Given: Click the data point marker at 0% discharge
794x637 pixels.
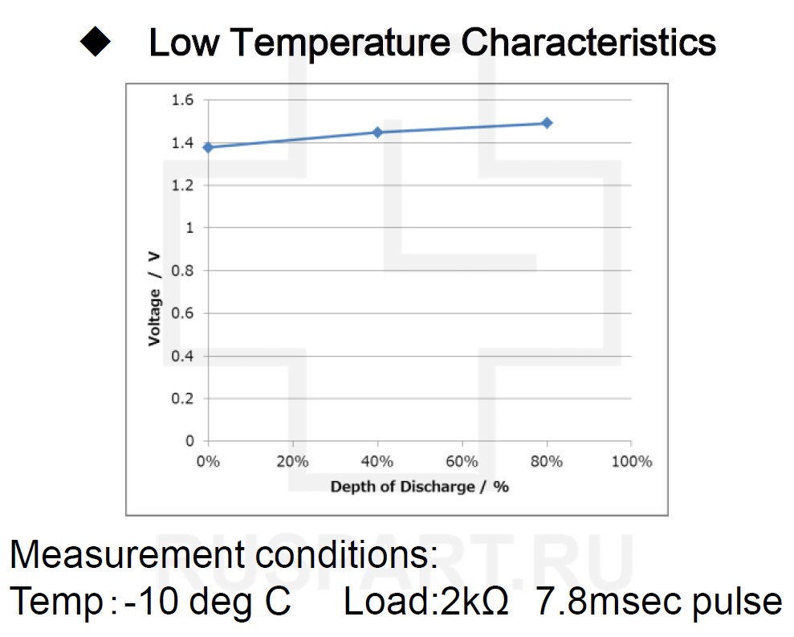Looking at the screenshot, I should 209,147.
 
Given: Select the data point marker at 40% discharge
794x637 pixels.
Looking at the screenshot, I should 377,132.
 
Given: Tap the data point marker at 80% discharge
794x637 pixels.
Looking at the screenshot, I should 547,123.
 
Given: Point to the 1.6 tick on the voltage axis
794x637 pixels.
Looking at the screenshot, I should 183,100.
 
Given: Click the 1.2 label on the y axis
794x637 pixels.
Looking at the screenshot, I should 183,186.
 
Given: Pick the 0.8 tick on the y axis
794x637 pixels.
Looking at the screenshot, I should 183,271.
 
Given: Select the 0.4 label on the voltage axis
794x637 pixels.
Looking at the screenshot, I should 183,356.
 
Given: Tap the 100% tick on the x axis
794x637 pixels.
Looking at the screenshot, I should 632,462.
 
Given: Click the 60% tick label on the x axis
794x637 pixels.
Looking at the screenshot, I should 462,462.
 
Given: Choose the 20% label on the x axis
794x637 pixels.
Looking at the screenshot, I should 293,462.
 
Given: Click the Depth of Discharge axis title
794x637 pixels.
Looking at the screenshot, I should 420,487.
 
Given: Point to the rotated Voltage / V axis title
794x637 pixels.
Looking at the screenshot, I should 154,299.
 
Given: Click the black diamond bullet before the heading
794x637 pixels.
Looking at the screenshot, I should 97,43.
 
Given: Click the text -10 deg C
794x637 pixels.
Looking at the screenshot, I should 207,602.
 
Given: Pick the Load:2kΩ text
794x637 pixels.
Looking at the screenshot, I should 426,602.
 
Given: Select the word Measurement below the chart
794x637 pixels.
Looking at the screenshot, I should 118,555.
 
